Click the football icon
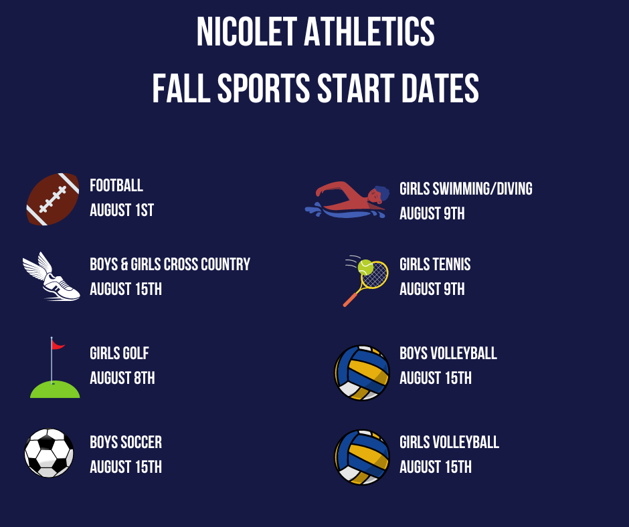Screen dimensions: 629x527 tap(53, 199)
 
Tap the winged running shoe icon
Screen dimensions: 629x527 tap(52, 277)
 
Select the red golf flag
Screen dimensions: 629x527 tap(58, 344)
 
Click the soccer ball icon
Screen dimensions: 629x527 tap(49, 453)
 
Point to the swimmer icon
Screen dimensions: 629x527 tap(347, 200)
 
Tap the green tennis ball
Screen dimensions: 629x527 tap(365, 268)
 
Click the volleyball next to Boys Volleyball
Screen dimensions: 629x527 tap(362, 373)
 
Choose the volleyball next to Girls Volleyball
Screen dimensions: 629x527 tap(362, 457)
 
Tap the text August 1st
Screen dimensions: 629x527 tap(122, 210)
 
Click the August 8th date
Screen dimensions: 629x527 tap(122, 378)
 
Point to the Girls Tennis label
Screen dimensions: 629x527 tap(435, 264)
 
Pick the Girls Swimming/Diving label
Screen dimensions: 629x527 tap(466, 189)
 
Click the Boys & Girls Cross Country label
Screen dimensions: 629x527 tap(170, 264)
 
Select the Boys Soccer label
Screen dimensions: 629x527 tap(126, 442)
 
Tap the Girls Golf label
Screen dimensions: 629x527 tap(119, 353)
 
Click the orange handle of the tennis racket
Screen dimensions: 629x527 tap(350, 299)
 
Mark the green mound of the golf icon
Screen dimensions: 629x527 tap(55, 390)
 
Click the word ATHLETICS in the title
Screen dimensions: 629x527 tap(369, 31)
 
